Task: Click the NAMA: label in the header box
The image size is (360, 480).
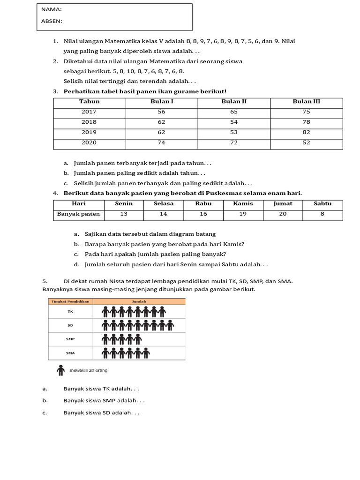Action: pos(52,9)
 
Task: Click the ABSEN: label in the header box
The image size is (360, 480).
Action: pos(52,21)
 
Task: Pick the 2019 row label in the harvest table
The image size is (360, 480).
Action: pos(89,133)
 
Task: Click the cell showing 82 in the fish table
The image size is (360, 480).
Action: pos(306,133)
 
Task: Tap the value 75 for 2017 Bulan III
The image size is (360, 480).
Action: pos(306,112)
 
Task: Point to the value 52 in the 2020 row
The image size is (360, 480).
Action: pos(306,143)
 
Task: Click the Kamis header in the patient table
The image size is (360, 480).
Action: pos(243,203)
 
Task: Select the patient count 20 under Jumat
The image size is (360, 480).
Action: pos(283,214)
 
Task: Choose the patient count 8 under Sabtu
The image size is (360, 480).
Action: pos(322,214)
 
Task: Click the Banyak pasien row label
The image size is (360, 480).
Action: pos(79,214)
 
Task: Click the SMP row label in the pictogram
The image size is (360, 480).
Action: pos(70,338)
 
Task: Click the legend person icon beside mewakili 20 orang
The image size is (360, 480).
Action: pos(60,370)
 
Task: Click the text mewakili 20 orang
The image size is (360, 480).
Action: pos(88,371)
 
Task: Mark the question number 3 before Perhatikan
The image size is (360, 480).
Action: pos(55,91)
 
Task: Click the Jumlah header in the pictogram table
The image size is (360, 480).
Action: pos(139,301)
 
